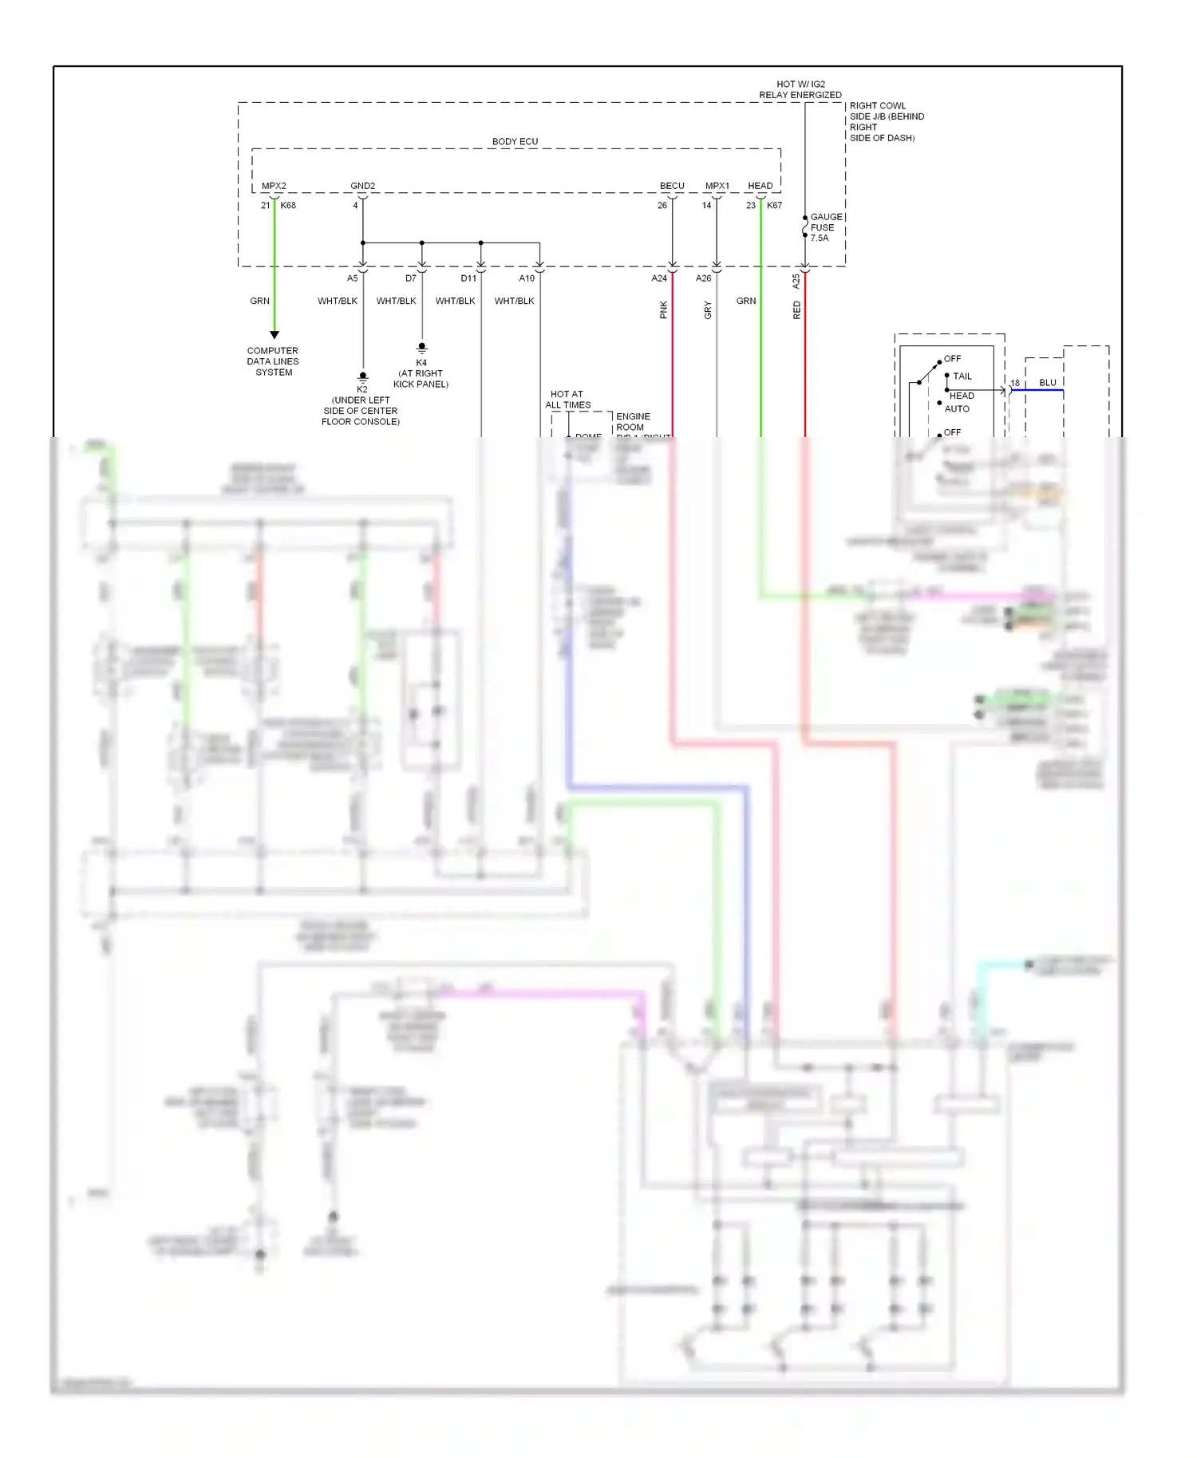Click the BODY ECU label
(515, 142)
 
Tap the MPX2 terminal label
(274, 186)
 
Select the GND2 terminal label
(362, 186)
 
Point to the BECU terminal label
(672, 186)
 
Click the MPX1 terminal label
(717, 186)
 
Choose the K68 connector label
(288, 206)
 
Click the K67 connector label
(774, 206)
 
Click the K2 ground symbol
(363, 376)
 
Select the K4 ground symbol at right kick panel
(422, 349)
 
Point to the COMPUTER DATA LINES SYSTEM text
(273, 361)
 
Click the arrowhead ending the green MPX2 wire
(275, 335)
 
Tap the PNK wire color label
(663, 310)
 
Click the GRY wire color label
(708, 310)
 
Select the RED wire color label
(796, 310)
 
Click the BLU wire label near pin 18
(1047, 383)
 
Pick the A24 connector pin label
(658, 278)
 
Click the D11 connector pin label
(468, 278)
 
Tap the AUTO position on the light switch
(957, 409)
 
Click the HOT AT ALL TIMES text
(567, 400)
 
